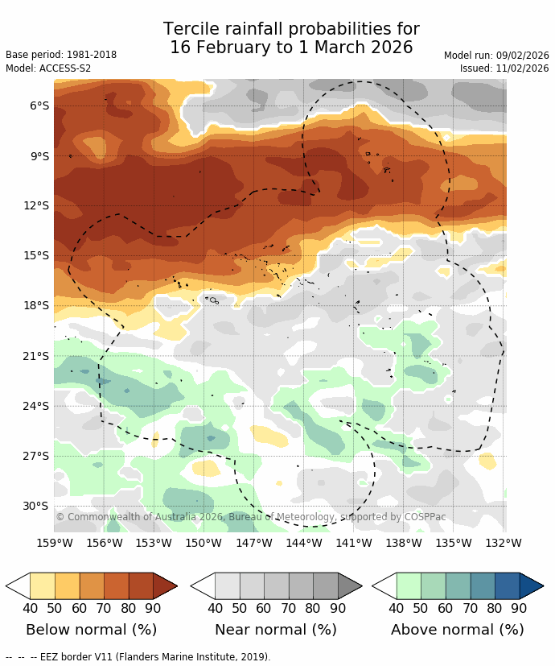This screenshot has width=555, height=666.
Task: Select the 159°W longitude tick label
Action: coord(55,543)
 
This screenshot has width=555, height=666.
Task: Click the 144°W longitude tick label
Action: coord(304,543)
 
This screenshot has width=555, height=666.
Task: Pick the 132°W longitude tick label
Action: coord(504,543)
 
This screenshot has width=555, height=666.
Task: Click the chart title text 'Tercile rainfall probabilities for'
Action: coord(291,30)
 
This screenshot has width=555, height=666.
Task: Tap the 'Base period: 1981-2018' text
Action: coord(61,55)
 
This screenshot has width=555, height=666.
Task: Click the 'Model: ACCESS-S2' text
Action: coord(48,68)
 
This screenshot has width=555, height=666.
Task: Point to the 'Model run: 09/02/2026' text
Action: coord(496,55)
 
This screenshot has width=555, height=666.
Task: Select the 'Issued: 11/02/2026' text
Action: coord(504,68)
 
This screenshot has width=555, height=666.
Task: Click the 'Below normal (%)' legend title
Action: coord(91,630)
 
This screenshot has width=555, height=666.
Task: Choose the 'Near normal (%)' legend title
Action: coord(276,630)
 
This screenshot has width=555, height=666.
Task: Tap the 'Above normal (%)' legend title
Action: coord(458,630)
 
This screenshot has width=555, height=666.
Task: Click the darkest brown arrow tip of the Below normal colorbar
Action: coord(165,585)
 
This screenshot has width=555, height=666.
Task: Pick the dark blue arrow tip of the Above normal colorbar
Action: coord(532,585)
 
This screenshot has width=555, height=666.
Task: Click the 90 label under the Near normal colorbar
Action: coord(338,609)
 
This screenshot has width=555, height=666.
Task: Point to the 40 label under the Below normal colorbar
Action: coord(31,609)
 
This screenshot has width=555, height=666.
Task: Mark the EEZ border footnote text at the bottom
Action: coord(138,657)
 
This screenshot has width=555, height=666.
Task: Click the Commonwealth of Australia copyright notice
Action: coord(251,517)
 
